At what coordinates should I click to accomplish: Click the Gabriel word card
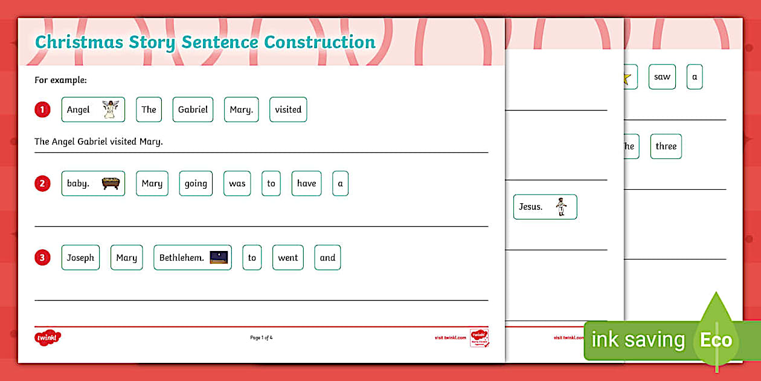193,109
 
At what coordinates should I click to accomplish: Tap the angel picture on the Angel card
109,109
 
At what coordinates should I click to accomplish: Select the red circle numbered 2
42,183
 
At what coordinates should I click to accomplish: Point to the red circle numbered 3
42,258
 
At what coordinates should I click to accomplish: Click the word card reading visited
288,109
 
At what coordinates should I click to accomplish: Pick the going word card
196,183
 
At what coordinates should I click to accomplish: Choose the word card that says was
237,183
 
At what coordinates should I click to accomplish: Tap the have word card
306,183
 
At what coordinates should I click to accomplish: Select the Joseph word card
80,258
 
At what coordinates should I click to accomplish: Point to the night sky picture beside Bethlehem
219,257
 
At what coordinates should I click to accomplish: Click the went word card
287,258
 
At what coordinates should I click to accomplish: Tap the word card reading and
327,258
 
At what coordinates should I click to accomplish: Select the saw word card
662,77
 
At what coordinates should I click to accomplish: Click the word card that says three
666,146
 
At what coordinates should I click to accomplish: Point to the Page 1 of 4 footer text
262,337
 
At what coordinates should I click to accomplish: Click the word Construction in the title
319,42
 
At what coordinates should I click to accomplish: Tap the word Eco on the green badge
716,340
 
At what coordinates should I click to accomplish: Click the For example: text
60,80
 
